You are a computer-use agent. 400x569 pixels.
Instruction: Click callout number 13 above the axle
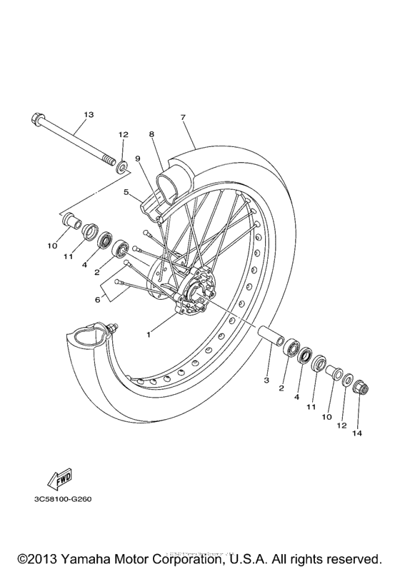click(x=89, y=114)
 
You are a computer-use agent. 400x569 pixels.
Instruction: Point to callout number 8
click(x=152, y=134)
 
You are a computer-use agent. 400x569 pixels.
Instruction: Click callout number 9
click(x=137, y=158)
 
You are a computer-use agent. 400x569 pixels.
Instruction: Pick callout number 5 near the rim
click(x=126, y=192)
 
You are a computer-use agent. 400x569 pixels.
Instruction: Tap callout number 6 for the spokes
click(x=98, y=300)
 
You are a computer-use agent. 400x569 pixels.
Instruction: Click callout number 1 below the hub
click(x=149, y=334)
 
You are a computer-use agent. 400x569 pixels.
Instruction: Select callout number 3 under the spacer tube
click(x=266, y=381)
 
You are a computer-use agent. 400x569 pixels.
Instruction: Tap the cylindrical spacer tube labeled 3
click(x=269, y=336)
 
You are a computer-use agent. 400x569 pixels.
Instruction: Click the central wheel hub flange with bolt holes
click(x=194, y=292)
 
